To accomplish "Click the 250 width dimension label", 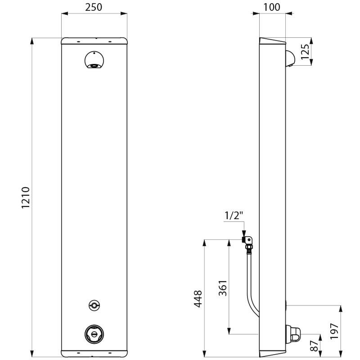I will click(94, 7).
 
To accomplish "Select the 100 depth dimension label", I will click(272, 7).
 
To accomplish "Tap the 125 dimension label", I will click(305, 51).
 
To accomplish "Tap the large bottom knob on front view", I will click(94, 334).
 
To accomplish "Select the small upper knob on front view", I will click(94, 305).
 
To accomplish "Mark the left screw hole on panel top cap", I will click(78, 42).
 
